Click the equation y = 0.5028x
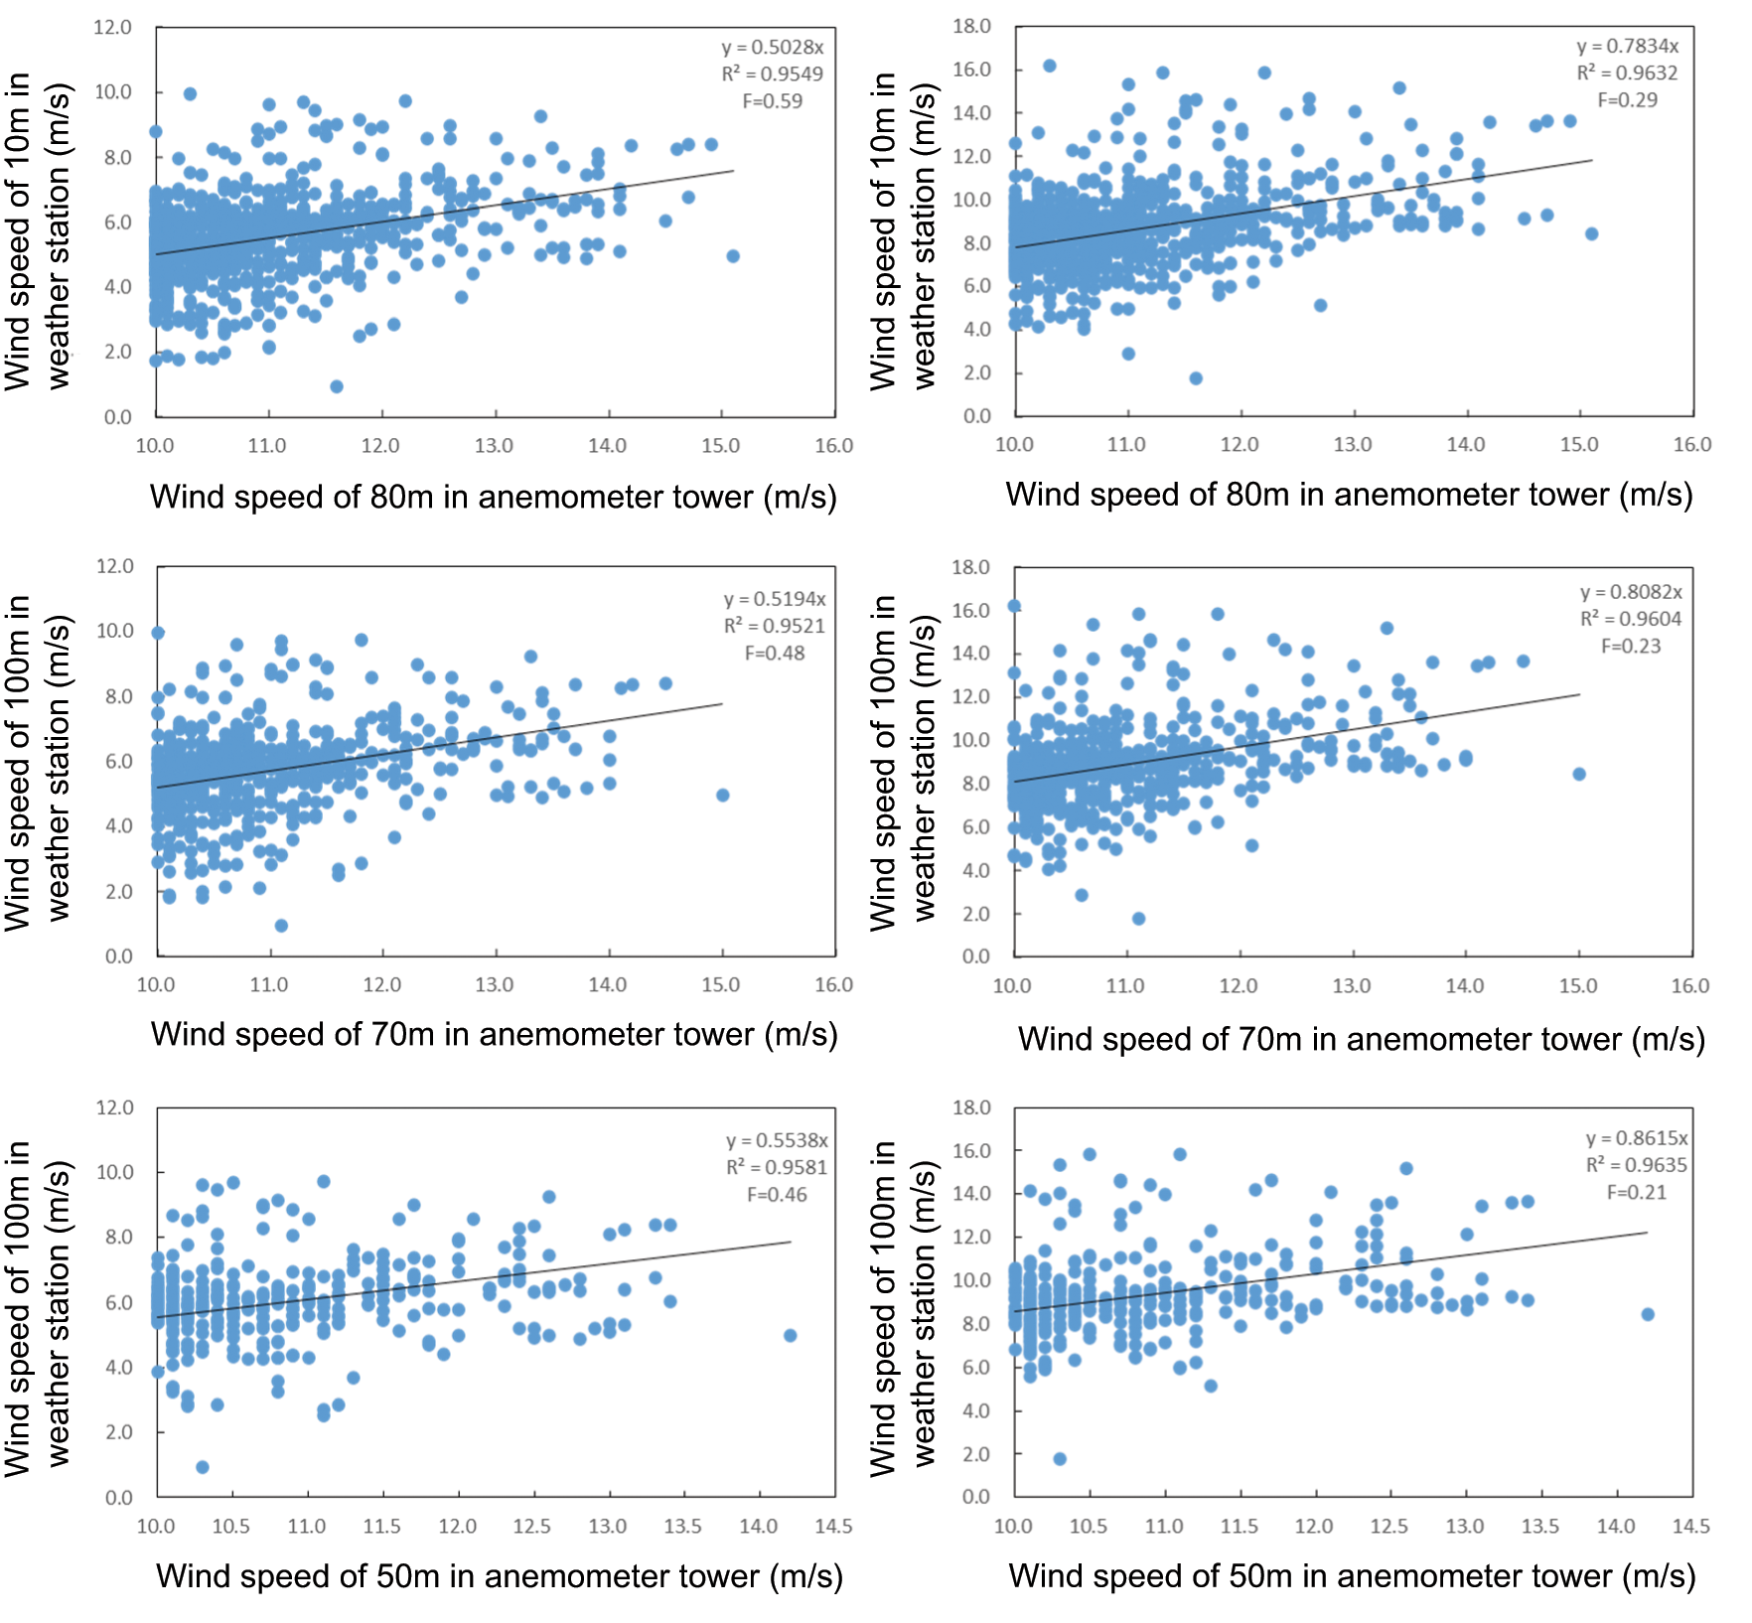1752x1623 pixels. click(x=773, y=48)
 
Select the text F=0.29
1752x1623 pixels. click(x=1627, y=100)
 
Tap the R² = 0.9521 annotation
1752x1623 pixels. click(x=775, y=626)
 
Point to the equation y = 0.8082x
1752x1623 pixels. click(x=1631, y=592)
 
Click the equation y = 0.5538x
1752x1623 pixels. click(x=777, y=1140)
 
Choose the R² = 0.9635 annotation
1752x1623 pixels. click(x=1636, y=1165)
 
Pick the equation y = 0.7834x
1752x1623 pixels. click(x=1628, y=47)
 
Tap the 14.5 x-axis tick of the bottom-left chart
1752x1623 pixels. click(x=833, y=1527)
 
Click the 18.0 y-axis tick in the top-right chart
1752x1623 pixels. click(x=971, y=26)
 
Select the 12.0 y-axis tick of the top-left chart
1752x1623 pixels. click(x=112, y=27)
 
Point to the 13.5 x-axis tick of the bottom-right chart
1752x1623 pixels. click(x=1540, y=1527)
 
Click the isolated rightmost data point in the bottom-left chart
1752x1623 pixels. click(x=790, y=1336)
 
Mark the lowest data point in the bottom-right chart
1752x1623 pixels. click(x=1060, y=1459)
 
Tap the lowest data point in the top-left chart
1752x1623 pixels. click(x=337, y=386)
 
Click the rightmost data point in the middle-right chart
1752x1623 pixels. click(x=1579, y=774)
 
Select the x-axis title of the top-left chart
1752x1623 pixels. click(x=494, y=497)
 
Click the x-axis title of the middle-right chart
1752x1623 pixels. click(x=1362, y=1039)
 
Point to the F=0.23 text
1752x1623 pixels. click(x=1631, y=647)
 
